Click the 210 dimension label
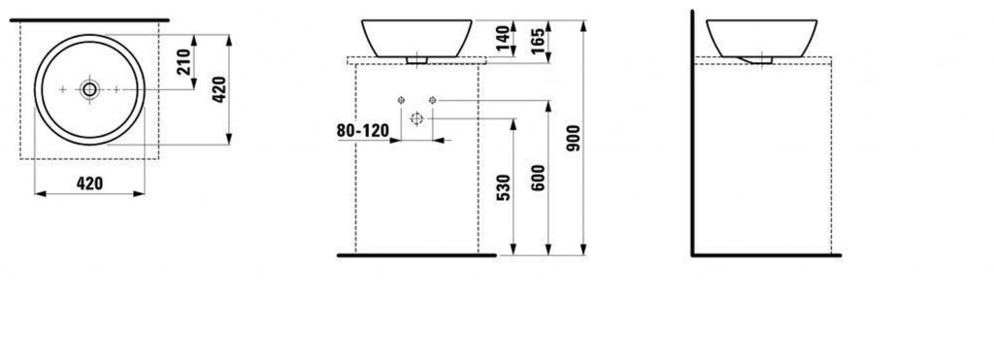(184, 61)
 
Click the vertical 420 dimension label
(218, 89)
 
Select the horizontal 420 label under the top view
(89, 183)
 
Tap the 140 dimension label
(503, 39)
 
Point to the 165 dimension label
(540, 41)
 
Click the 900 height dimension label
(574, 138)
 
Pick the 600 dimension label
(538, 179)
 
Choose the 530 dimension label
(503, 188)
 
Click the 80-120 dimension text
(363, 131)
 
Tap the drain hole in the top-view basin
(89, 89)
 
